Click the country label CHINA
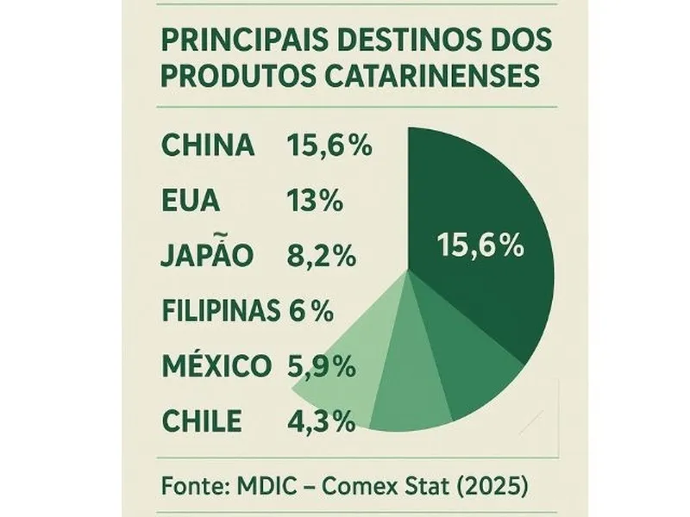click(x=208, y=146)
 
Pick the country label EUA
click(x=190, y=202)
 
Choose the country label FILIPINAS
click(x=221, y=310)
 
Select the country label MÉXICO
click(x=216, y=366)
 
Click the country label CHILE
click(x=201, y=421)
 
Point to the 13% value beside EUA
click(x=314, y=202)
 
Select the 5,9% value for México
click(x=320, y=366)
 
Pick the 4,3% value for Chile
click(x=320, y=421)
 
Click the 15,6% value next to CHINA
click(x=328, y=146)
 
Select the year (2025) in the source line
click(x=492, y=485)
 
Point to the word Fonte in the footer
click(x=190, y=485)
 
